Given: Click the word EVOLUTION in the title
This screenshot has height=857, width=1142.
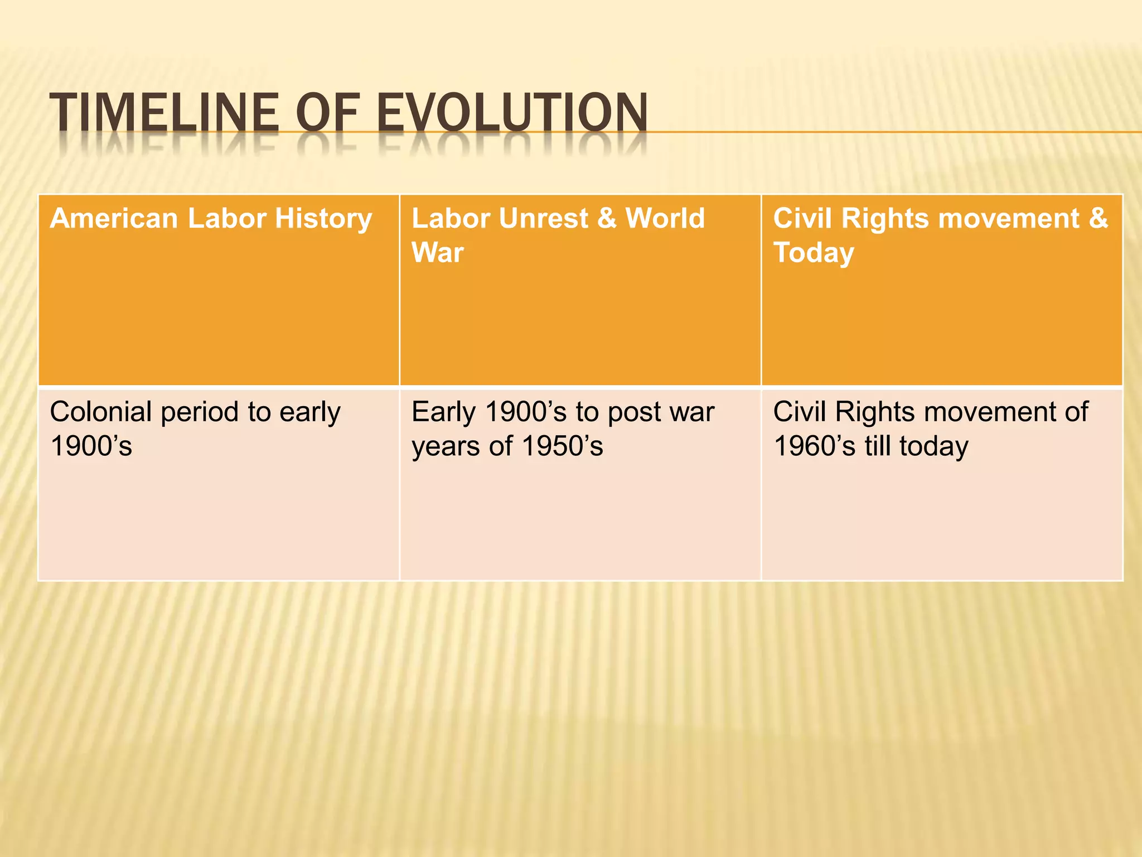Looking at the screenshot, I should tap(512, 113).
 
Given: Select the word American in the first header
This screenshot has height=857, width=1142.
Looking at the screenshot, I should tap(114, 218).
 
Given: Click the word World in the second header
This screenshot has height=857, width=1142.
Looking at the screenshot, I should tap(665, 218).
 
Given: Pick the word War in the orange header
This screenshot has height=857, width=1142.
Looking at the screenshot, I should tap(437, 253).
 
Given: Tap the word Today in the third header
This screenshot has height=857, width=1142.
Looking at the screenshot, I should tap(813, 253).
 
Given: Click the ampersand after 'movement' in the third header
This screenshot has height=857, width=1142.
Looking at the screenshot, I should tap(1098, 218).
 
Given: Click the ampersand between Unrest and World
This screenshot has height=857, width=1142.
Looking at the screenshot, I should tap(607, 218).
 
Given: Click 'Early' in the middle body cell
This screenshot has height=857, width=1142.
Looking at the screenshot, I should tap(443, 412).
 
